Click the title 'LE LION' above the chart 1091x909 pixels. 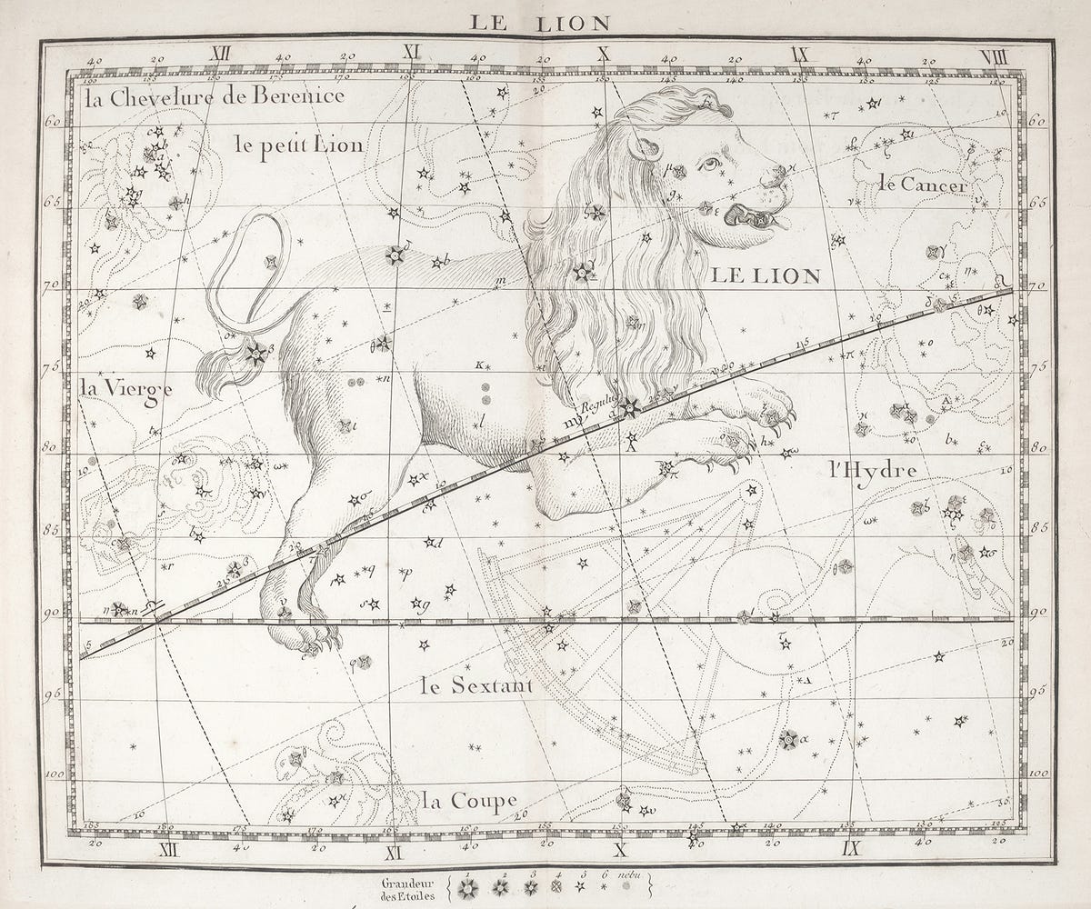click(x=540, y=23)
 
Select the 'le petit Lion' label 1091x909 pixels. click(x=297, y=145)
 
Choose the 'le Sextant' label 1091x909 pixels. click(x=477, y=685)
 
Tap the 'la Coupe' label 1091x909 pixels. click(x=469, y=801)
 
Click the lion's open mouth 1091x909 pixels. click(x=751, y=217)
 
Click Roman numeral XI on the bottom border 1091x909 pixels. click(x=394, y=853)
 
